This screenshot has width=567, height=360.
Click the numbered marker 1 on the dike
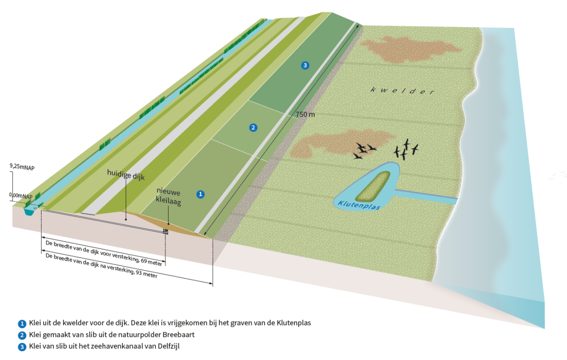pos(200,194)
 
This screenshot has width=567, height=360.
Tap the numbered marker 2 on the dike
pos(253,128)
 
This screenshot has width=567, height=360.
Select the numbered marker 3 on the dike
pos(305,65)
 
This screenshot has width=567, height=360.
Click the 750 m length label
pos(305,115)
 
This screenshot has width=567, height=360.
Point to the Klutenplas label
pos(359,205)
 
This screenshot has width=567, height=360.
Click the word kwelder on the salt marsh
pos(403,91)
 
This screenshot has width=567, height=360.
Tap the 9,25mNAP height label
pos(22,167)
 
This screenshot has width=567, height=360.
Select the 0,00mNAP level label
pos(21,196)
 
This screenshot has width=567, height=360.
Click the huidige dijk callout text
pos(126,175)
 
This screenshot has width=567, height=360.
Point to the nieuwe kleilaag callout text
pos(168,197)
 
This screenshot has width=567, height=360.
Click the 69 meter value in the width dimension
pos(151,262)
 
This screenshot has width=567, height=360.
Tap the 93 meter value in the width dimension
pos(146,274)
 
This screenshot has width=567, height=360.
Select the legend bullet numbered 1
pos(22,324)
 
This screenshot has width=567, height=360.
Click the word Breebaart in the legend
pos(179,334)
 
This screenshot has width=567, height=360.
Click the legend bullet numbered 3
pos(22,347)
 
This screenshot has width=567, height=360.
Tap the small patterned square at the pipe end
pos(165,231)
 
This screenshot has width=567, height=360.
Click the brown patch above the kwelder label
pos(410,49)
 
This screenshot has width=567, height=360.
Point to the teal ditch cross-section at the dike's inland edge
pos(29,211)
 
